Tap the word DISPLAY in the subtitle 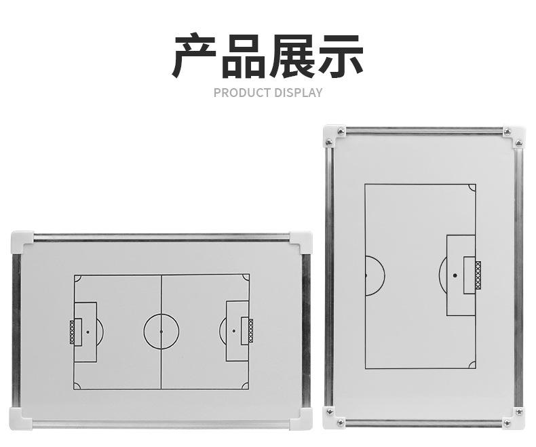[x=299, y=92]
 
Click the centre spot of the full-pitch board [x=161, y=332]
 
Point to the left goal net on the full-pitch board [x=72, y=332]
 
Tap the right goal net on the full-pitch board [x=250, y=331]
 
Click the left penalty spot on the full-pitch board [x=88, y=332]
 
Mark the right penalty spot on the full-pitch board [x=234, y=331]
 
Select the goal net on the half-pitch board [x=478, y=275]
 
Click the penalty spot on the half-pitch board [x=454, y=275]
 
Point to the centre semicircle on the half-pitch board [x=375, y=275]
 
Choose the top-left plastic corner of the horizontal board [x=22, y=241]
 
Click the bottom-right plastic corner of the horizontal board [x=301, y=418]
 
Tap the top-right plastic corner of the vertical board [x=514, y=136]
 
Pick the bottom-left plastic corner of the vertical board [x=333, y=418]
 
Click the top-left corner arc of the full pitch [x=77, y=278]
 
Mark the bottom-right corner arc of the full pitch [x=246, y=385]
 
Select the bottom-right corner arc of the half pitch [x=472, y=365]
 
